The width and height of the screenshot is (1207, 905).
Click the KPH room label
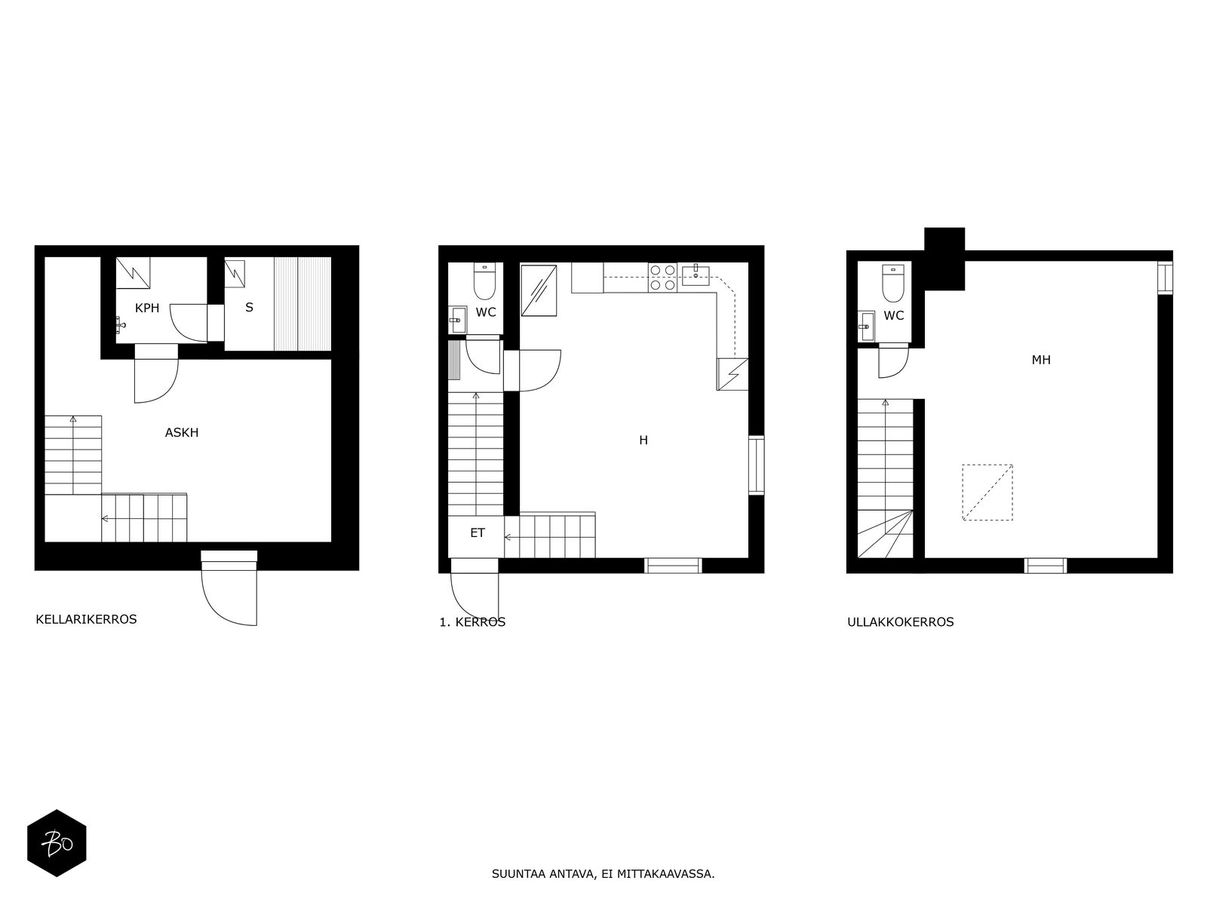147,308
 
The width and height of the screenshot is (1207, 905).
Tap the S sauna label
249,307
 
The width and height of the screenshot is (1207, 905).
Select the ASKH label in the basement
182,432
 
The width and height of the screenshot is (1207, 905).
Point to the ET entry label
478,532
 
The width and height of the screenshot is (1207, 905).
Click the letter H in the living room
643,440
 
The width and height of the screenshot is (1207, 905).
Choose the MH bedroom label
1041,360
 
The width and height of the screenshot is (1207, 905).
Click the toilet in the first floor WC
484,281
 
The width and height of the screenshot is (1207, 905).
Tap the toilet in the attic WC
893,283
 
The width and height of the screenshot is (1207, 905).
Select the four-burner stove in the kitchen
662,278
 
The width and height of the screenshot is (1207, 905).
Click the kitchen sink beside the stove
696,275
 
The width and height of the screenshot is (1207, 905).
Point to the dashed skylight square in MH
987,492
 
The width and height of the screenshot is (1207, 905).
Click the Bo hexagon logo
57,843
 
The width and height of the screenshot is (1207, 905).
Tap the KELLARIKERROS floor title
86,619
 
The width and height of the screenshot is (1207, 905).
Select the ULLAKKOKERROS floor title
901,622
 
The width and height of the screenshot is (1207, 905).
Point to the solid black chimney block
944,259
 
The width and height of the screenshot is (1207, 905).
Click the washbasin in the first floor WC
457,320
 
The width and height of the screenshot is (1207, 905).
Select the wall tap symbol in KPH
121,325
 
